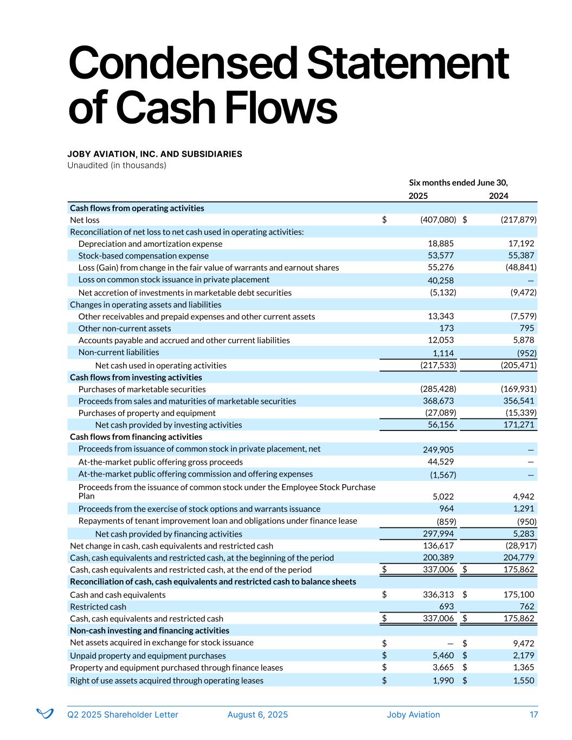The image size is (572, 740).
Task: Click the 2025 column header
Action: (417, 196)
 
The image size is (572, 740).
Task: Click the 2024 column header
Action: (498, 196)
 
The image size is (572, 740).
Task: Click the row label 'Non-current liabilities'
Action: (119, 352)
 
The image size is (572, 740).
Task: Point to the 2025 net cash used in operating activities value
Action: (438, 365)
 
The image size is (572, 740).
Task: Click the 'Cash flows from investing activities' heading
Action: (136, 377)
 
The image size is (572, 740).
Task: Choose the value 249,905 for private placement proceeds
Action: (438, 449)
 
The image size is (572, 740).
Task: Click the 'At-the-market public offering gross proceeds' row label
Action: (160, 462)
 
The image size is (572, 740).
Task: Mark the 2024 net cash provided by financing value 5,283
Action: (523, 534)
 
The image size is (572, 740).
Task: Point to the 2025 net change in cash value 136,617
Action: (438, 545)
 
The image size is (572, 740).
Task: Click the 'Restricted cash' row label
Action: (98, 607)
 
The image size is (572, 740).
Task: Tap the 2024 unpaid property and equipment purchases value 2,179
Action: (523, 655)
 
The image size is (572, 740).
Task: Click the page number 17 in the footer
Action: (534, 715)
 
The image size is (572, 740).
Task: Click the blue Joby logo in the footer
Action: (44, 713)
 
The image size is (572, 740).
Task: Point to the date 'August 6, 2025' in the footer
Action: (258, 715)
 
